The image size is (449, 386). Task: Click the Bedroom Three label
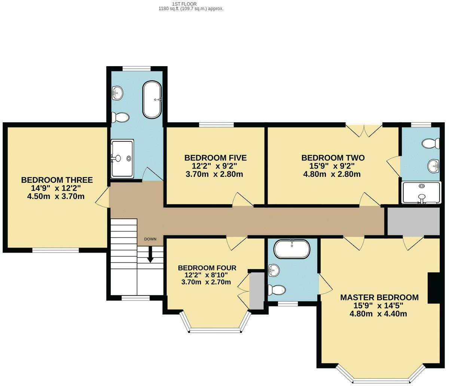(x=56, y=180)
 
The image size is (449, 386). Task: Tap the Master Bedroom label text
(x=379, y=297)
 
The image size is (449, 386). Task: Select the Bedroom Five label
(x=215, y=157)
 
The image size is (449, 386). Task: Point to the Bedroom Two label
(x=333, y=157)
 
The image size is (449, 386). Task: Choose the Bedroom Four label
(x=207, y=268)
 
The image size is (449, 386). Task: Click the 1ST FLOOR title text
(x=189, y=4)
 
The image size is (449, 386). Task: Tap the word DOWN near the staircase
(x=150, y=239)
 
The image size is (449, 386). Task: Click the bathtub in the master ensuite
(x=292, y=249)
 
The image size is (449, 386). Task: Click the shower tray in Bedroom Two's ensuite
(x=421, y=193)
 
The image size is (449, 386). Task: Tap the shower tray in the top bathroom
(x=122, y=158)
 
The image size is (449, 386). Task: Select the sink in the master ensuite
(x=273, y=269)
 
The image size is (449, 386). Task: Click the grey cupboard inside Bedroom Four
(x=257, y=291)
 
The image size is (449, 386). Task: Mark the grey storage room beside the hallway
(x=413, y=221)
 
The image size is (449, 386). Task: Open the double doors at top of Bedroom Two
(x=363, y=131)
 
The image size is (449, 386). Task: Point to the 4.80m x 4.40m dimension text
(x=378, y=314)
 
